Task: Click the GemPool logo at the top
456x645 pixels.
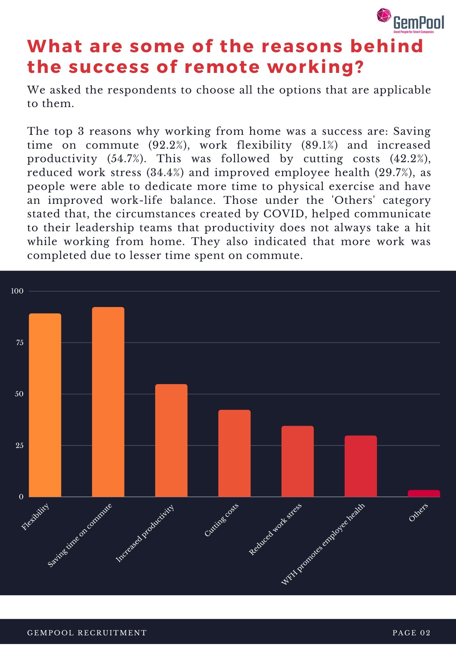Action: [x=410, y=21]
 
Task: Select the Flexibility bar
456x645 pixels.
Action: [x=45, y=405]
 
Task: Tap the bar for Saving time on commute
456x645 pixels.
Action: [x=108, y=402]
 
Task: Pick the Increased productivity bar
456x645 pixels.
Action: [x=171, y=440]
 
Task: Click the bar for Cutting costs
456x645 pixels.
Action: [x=234, y=453]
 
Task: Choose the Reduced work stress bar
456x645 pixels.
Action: [x=297, y=461]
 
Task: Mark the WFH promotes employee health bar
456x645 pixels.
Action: [x=361, y=466]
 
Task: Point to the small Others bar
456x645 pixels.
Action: [x=424, y=493]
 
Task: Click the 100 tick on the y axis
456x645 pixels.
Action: [x=17, y=291]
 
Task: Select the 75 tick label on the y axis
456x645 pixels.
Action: [x=20, y=342]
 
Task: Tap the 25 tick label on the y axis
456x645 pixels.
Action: [x=20, y=445]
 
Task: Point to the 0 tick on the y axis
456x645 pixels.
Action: [x=21, y=497]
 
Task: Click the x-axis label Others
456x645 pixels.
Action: [x=418, y=512]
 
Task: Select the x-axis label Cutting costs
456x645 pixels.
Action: [x=222, y=520]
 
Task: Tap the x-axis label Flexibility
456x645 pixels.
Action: [x=35, y=516]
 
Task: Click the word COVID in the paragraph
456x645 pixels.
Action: [x=284, y=214]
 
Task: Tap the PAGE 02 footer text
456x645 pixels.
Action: [x=411, y=633]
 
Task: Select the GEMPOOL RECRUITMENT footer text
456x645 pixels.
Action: [x=87, y=633]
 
